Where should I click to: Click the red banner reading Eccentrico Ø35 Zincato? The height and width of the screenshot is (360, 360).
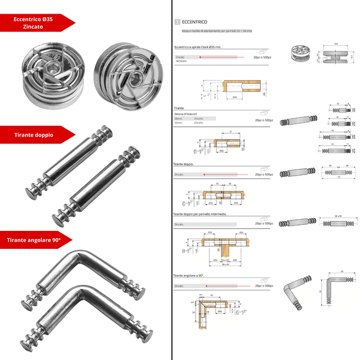pos(37,24)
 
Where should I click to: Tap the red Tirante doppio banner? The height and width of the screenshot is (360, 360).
pos(34,135)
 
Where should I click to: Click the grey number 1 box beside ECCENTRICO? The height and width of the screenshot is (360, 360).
pos(178,22)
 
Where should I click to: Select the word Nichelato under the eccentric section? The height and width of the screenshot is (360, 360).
pos(181,61)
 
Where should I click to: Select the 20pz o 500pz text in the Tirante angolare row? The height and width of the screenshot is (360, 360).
pos(262,286)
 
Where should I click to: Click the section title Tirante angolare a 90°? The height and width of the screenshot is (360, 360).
pos(189,274)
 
